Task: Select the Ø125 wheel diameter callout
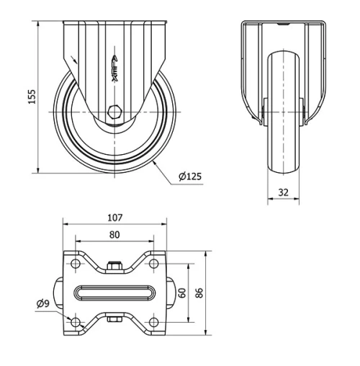pos(189,176)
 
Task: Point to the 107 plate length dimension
pos(114,217)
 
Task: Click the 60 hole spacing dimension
pos(183,293)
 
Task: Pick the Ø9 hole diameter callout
pos(42,304)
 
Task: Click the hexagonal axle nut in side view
pos(114,112)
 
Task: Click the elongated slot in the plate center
pos(114,293)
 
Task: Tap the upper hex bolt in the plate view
pos(114,267)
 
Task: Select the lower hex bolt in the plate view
pos(114,319)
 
